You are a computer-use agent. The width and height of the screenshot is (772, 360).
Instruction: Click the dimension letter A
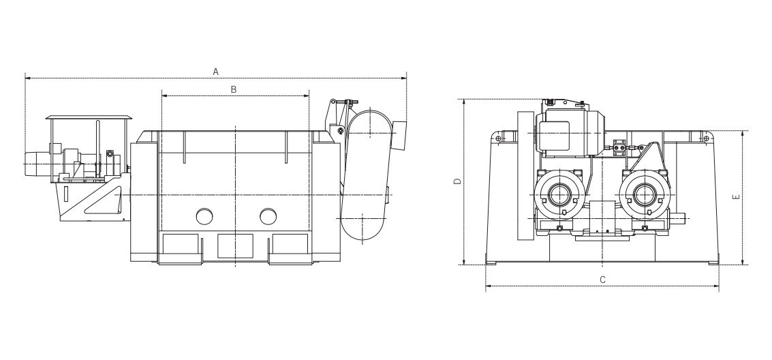[215, 71]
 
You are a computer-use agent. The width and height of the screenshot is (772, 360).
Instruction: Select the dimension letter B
[234, 89]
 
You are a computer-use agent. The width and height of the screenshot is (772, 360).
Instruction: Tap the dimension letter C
[602, 280]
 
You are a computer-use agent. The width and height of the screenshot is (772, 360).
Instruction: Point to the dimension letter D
[458, 181]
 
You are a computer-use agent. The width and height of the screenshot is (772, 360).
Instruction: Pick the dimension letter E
[735, 197]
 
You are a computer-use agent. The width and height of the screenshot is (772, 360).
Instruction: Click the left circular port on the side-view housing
[204, 216]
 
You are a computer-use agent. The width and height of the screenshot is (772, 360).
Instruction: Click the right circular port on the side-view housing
[268, 216]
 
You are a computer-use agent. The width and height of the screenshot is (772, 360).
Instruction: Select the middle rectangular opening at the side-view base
[235, 245]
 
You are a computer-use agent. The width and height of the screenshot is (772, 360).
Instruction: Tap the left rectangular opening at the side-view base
[180, 245]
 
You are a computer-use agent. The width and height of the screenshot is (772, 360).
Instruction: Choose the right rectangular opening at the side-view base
[290, 245]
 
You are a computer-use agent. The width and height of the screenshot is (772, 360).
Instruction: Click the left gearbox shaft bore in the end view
[560, 194]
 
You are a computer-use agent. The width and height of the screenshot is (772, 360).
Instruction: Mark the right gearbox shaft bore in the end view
[644, 194]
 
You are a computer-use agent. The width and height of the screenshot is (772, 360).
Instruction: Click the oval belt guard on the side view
[367, 174]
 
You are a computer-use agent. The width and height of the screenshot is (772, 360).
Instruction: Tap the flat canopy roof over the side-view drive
[88, 118]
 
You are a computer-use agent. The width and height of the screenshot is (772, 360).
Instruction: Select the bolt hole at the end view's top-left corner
[499, 139]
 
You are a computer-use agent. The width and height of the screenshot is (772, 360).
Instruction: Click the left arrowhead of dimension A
[27, 78]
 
